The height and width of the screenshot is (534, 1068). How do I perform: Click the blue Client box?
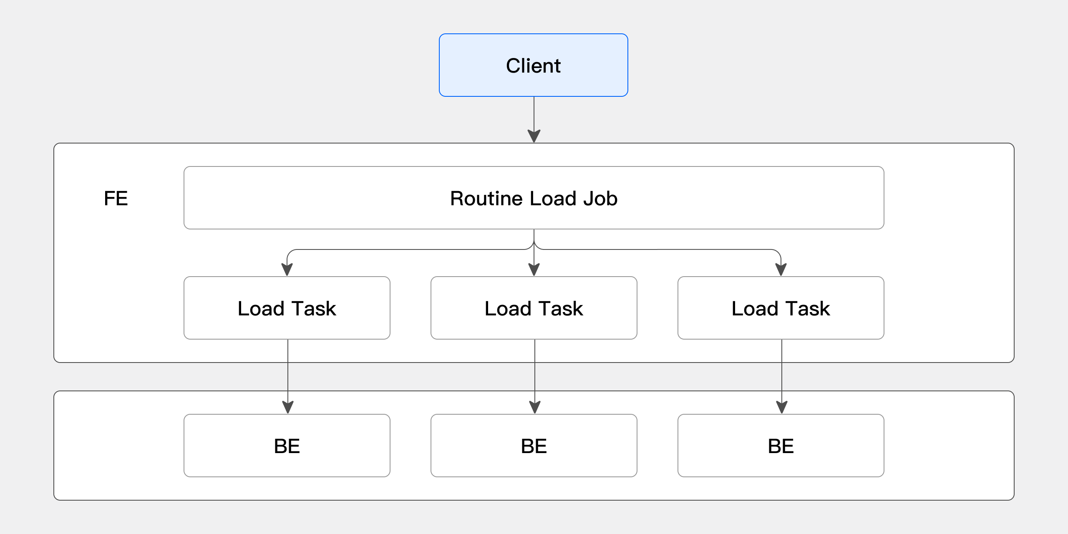(533, 65)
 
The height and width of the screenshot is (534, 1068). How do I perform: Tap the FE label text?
(116, 198)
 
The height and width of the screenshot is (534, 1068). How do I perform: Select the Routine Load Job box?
(534, 198)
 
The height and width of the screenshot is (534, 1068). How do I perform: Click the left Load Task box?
(287, 308)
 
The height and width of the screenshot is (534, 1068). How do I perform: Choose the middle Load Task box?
(534, 308)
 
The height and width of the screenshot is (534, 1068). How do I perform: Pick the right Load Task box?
(781, 308)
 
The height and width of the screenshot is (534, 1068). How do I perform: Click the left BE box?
(287, 446)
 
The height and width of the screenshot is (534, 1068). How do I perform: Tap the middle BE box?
(534, 446)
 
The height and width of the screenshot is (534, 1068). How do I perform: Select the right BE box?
(781, 446)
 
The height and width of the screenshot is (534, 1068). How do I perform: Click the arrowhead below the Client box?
(534, 136)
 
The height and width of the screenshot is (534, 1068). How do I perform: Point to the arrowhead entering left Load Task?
(287, 269)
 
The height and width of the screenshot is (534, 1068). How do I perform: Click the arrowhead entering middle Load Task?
(534, 269)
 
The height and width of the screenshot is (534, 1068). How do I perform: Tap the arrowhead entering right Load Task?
(781, 269)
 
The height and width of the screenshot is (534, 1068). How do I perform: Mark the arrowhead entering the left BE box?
(288, 407)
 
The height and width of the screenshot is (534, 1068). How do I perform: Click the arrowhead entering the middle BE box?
(535, 407)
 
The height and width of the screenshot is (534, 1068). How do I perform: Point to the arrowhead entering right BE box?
(782, 407)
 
